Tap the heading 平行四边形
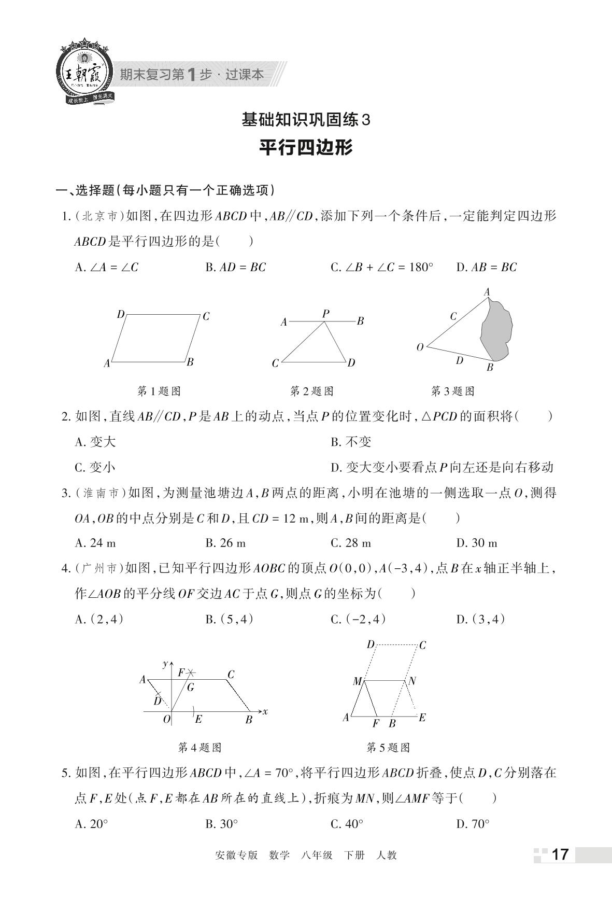[306, 148]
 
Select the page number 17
[560, 854]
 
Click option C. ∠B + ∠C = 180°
[382, 268]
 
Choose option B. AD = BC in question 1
[236, 268]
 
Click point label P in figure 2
[325, 314]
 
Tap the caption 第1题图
[159, 391]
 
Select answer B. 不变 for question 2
[351, 442]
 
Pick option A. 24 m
[95, 543]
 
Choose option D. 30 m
[477, 543]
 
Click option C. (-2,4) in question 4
[358, 619]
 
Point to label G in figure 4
[191, 688]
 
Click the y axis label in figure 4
[165, 664]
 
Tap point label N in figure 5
[412, 681]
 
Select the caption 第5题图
[388, 748]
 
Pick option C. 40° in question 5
[347, 824]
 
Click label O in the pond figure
[420, 347]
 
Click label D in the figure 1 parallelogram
[121, 314]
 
